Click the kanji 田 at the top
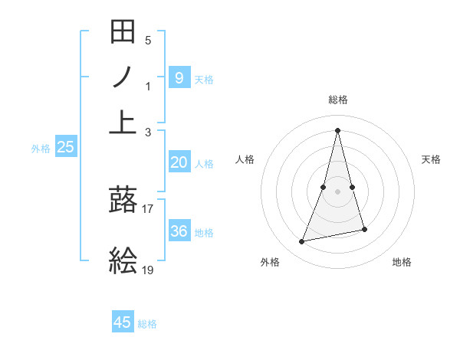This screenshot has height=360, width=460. [123, 33]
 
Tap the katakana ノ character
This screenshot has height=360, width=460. [123, 77]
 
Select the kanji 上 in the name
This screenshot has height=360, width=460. [123, 122]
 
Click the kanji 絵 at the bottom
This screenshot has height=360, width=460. [123, 261]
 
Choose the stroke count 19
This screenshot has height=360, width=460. [148, 270]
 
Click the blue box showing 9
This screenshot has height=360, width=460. [179, 77]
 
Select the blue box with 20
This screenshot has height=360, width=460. [179, 162]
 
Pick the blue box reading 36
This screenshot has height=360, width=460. [179, 231]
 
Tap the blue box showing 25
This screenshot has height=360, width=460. [65, 148]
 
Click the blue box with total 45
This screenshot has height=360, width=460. [123, 322]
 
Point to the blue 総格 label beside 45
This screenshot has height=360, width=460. [147, 324]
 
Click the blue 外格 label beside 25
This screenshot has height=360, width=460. [41, 149]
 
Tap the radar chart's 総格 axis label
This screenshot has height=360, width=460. [338, 100]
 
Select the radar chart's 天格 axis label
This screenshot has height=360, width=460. [432, 159]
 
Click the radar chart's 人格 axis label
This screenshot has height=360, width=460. [245, 159]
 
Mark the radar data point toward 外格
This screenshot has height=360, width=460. [302, 242]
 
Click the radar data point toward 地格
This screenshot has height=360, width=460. [364, 229]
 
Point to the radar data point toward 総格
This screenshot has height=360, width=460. [338, 130]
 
